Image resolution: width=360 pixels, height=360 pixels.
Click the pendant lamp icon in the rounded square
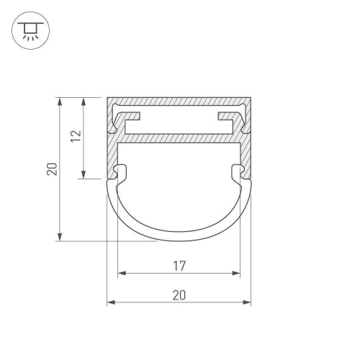(30, 30)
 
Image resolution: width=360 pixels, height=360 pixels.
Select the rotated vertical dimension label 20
(50, 169)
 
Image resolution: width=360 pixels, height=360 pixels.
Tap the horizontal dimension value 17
(179, 266)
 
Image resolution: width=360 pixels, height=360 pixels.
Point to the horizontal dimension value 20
(179, 294)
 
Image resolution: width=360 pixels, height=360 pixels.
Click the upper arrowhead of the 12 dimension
(86, 100)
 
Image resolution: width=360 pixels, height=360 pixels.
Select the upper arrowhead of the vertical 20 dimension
(60, 100)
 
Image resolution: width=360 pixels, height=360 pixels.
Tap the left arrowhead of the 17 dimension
(121, 274)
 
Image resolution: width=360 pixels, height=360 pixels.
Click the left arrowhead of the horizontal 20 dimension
(110, 302)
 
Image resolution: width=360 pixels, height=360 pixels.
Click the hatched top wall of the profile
(179, 104)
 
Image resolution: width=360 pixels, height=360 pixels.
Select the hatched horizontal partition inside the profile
(179, 138)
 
